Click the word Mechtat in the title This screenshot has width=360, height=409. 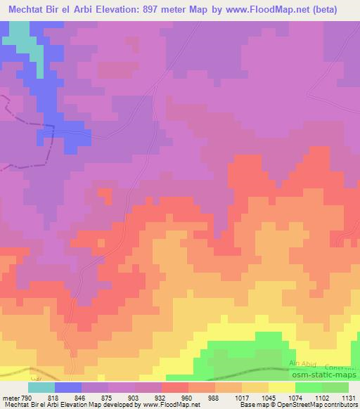(x=30, y=10)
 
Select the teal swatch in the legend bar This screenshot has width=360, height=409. (x=41, y=387)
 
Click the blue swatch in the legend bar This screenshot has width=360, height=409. (x=68, y=387)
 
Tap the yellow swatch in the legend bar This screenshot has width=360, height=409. (x=282, y=387)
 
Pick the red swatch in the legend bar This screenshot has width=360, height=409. (x=175, y=387)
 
